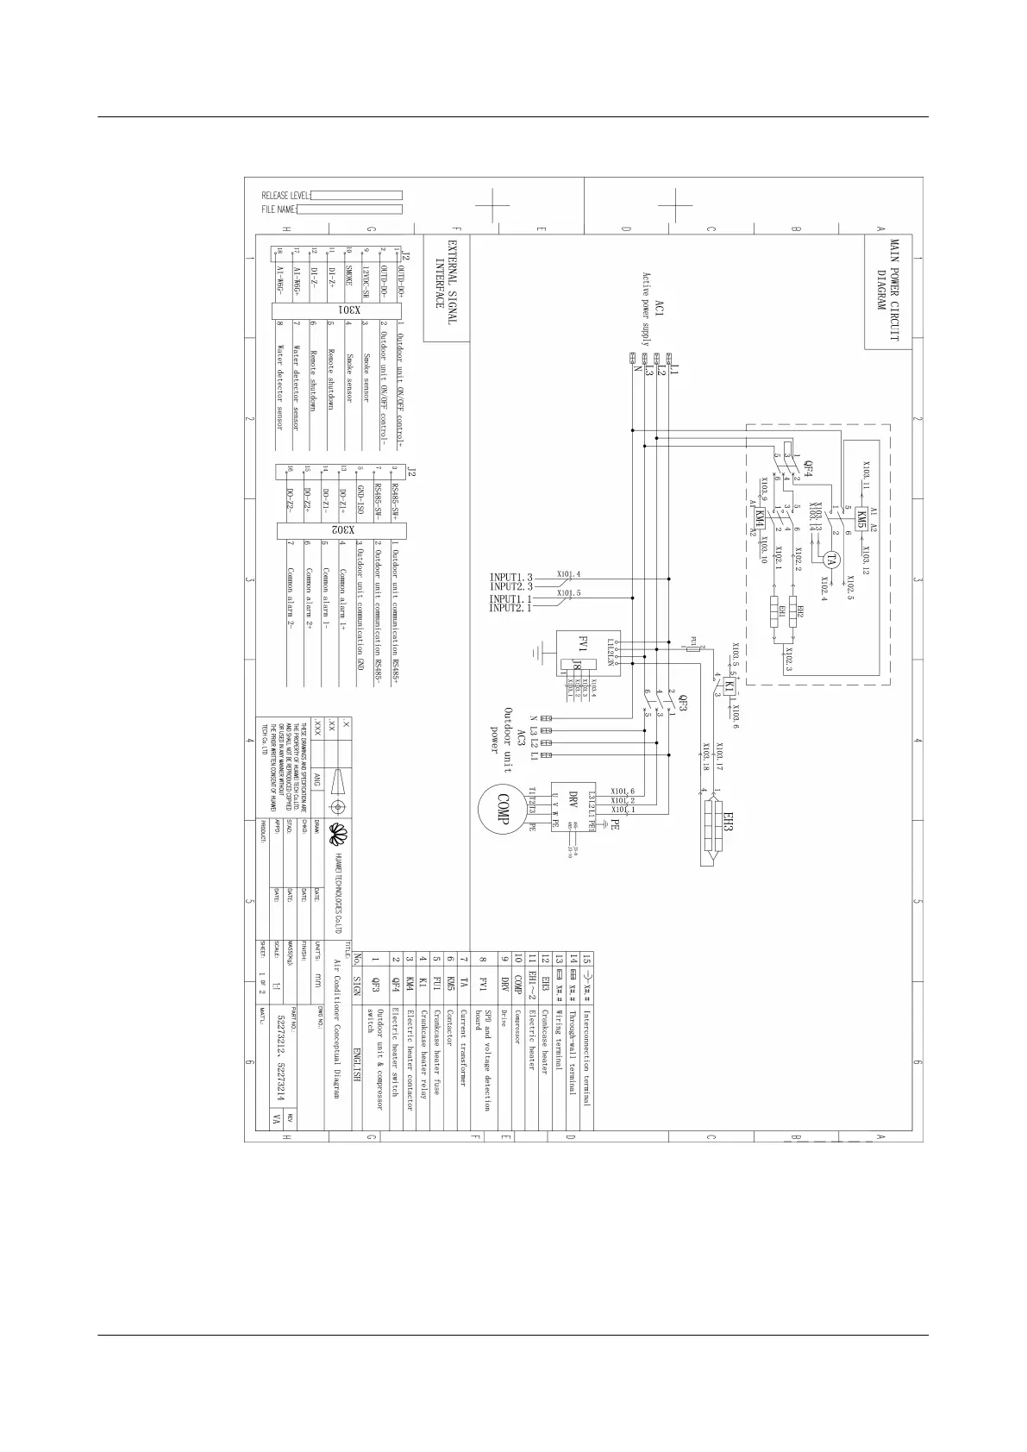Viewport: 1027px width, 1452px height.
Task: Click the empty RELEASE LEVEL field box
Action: click(356, 196)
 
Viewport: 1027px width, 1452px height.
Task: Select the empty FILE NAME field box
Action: click(350, 210)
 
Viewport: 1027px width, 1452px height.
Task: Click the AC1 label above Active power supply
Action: click(660, 309)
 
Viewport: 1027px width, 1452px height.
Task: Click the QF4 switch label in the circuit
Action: click(808, 470)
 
